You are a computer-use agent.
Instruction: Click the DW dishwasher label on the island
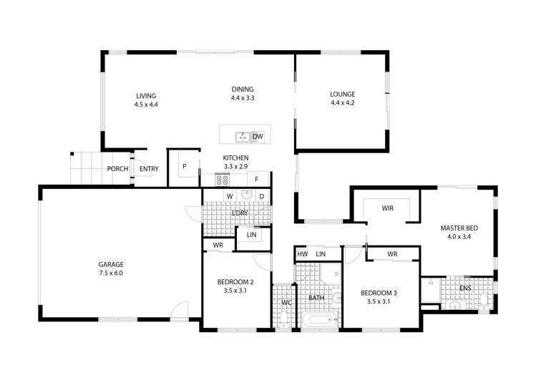tap(258, 136)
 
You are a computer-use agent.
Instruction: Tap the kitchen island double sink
tap(241, 136)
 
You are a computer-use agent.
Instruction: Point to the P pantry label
tap(184, 167)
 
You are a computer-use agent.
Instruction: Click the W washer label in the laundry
tap(230, 195)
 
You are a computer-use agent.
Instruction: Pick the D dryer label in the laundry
tap(262, 195)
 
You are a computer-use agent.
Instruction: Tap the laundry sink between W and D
tap(247, 195)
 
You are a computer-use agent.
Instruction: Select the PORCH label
tap(117, 169)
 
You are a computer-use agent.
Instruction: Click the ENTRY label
tap(149, 169)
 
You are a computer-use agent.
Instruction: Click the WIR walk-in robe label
tap(388, 208)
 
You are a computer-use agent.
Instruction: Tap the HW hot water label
tap(302, 254)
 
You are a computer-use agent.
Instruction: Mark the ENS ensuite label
tap(465, 288)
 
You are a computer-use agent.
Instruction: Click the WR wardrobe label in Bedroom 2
tap(217, 246)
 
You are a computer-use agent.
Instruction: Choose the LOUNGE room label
tap(342, 94)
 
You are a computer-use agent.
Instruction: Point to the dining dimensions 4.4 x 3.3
tap(243, 97)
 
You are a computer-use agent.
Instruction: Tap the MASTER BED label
tap(459, 228)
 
